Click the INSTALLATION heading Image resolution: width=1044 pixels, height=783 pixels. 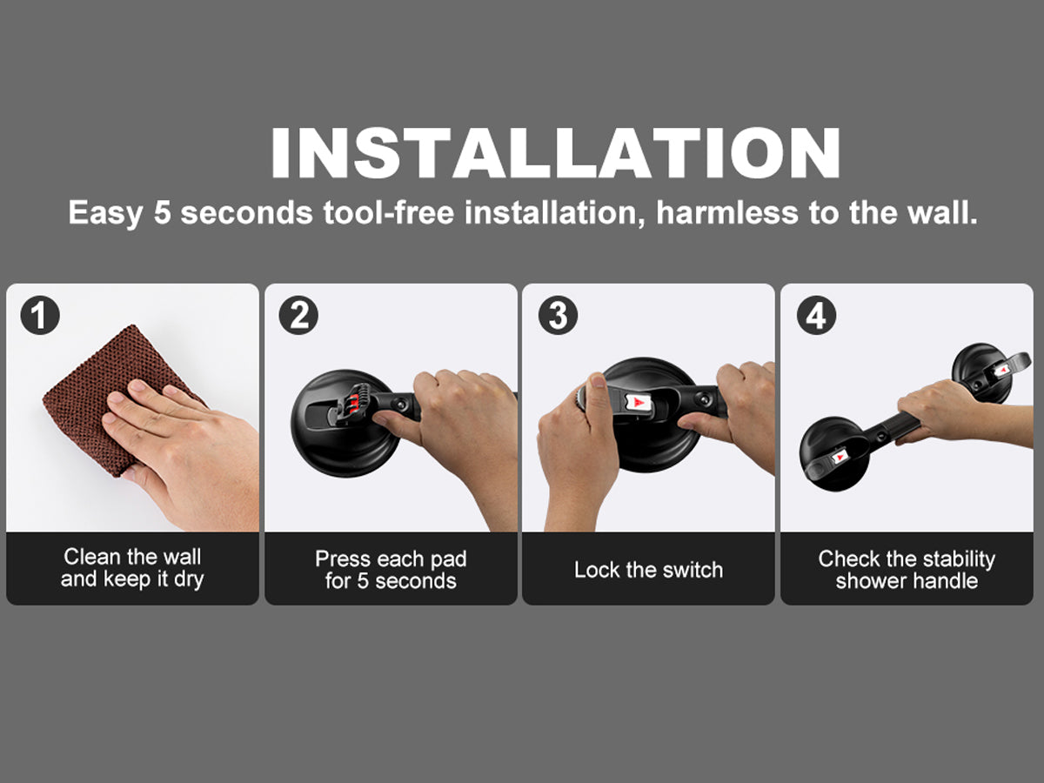click(x=556, y=152)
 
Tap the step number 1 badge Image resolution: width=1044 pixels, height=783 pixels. click(x=40, y=315)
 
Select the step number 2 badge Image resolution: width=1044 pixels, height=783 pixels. click(x=298, y=315)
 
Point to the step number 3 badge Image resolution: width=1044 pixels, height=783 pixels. click(x=558, y=315)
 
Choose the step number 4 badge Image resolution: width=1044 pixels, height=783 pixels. click(x=816, y=315)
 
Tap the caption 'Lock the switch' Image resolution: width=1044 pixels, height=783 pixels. click(x=648, y=570)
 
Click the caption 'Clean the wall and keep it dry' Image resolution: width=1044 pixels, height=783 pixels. click(x=132, y=568)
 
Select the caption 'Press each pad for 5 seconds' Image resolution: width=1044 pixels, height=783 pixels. click(x=391, y=570)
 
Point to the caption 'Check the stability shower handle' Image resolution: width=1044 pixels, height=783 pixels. click(x=907, y=570)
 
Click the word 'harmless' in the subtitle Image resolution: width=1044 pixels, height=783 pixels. click(x=727, y=212)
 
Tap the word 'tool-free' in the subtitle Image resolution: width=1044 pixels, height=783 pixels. click(x=389, y=212)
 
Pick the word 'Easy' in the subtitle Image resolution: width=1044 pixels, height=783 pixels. click(x=105, y=213)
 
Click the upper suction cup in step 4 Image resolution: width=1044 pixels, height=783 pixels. click(x=985, y=373)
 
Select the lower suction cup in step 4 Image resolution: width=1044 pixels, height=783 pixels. click(x=833, y=454)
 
